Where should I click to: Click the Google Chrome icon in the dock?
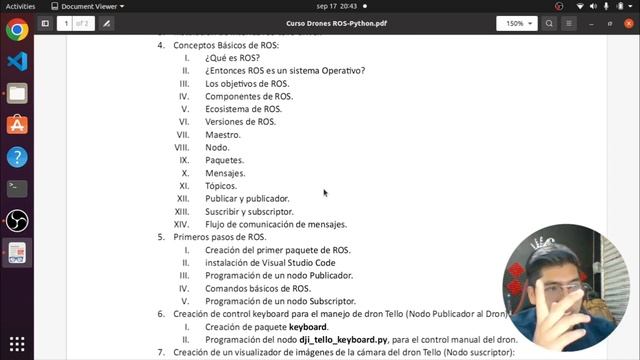click(x=17, y=29)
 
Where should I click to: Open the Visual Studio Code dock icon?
click(x=17, y=61)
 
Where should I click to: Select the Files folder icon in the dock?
click(x=17, y=93)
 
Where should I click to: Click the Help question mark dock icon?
click(x=17, y=157)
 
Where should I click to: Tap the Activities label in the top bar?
click(x=20, y=6)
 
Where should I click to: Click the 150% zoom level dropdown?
click(x=517, y=23)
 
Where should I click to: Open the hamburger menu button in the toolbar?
click(x=597, y=23)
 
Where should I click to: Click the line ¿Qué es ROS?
click(x=232, y=58)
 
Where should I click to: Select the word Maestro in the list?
click(x=223, y=135)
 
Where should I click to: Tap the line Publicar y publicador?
click(x=247, y=199)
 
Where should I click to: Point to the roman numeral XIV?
click(x=182, y=224)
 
